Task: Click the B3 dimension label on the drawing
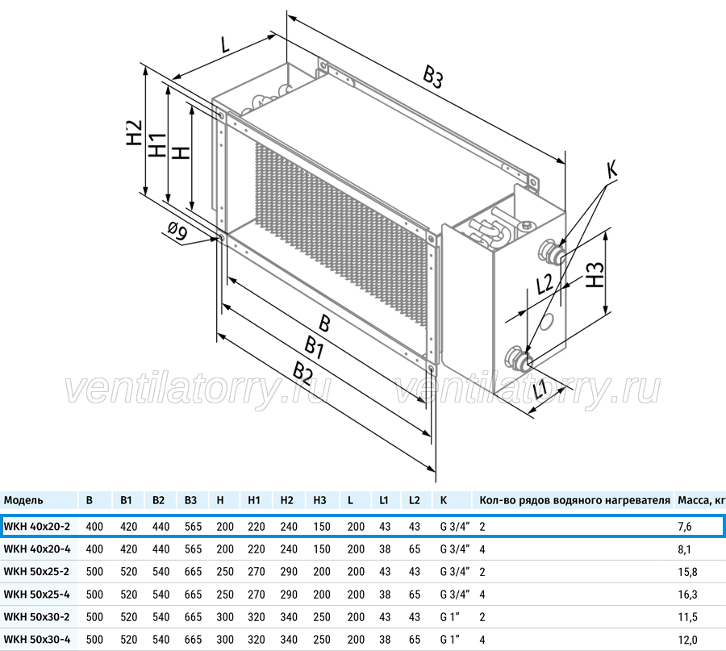pos(433,77)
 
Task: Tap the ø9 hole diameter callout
pos(177,231)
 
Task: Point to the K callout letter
pos(611,169)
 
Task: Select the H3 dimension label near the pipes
pos(595,275)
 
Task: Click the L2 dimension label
pos(544,283)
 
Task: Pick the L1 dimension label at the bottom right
pos(540,389)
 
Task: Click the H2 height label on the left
pos(134,132)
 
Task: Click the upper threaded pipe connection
pos(551,251)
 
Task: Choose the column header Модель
pos(23,500)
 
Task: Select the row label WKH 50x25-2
pos(36,571)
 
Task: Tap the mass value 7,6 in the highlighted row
pos(685,527)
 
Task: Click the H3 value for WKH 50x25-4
pos(322,594)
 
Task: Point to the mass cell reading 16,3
pos(687,595)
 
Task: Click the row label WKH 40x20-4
pos(37,549)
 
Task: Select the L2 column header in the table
pos(415,500)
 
